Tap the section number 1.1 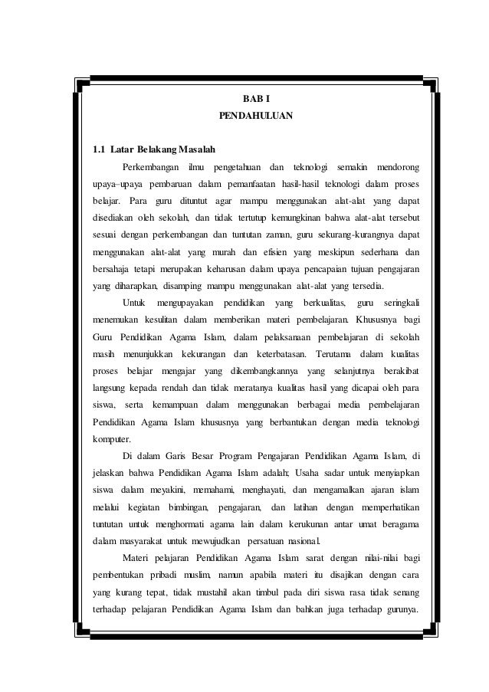pos(98,149)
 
